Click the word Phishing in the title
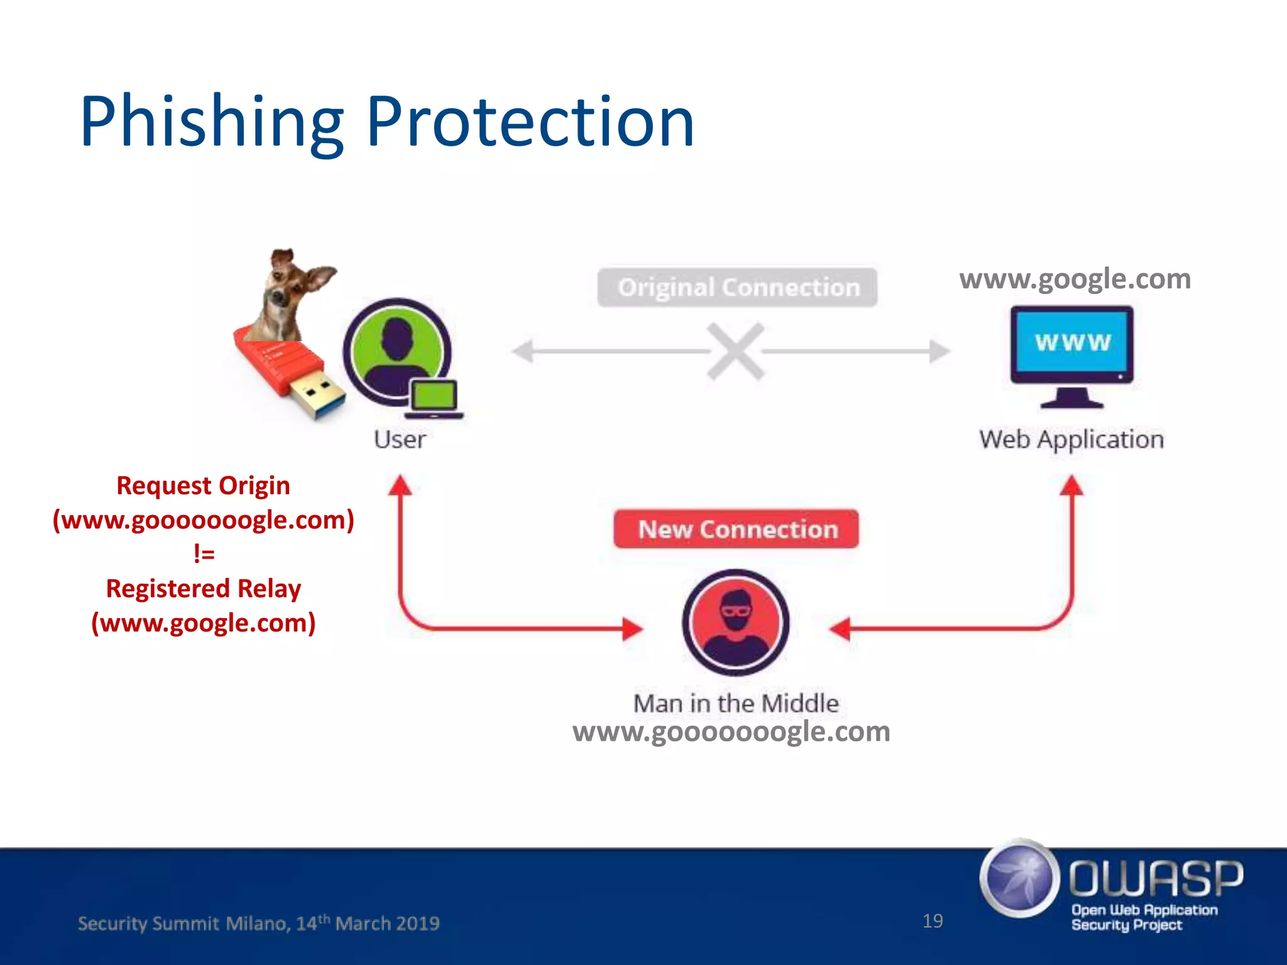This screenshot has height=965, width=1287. click(x=212, y=123)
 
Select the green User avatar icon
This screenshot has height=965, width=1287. click(x=397, y=352)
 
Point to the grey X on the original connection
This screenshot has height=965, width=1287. click(x=735, y=351)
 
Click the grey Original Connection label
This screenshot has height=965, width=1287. click(x=737, y=288)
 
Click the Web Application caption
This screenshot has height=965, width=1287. click(x=1071, y=439)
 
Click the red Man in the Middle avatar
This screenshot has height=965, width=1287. click(x=735, y=622)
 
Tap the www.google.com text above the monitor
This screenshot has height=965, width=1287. click(x=1075, y=278)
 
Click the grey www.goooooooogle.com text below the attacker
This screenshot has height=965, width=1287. click(x=731, y=731)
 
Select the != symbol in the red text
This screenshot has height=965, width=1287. click(x=204, y=553)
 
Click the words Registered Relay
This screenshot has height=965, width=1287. click(x=204, y=589)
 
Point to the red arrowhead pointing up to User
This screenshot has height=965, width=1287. click(x=400, y=486)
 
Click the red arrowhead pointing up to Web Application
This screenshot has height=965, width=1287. click(x=1071, y=486)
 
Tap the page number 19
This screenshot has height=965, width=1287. click(x=933, y=921)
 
